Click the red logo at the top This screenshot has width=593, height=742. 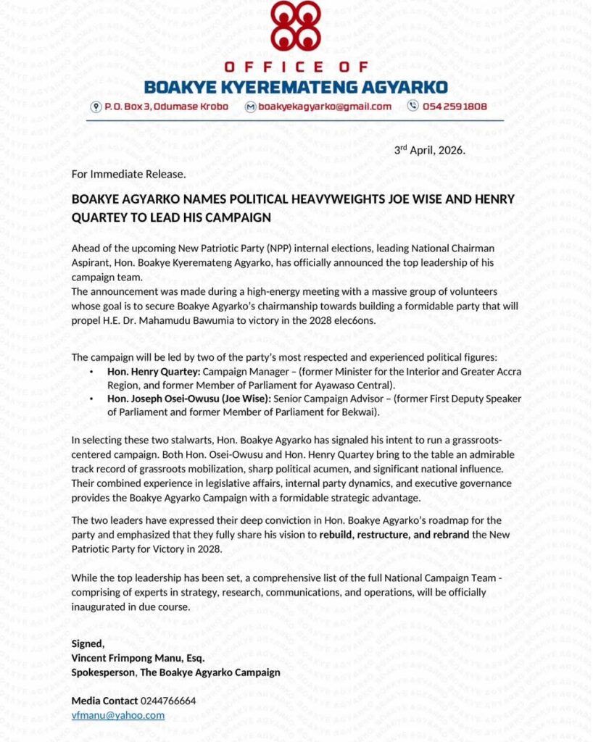pyautogui.click(x=296, y=27)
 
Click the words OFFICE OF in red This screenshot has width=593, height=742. pyautogui.click(x=296, y=67)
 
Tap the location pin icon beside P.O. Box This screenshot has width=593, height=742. pyautogui.click(x=96, y=107)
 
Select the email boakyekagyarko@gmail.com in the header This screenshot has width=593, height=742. pyautogui.click(x=325, y=107)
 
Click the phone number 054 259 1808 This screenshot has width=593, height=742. pyautogui.click(x=456, y=107)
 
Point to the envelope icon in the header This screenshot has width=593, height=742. pyautogui.click(x=251, y=107)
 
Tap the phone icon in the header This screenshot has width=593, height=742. pyautogui.click(x=413, y=107)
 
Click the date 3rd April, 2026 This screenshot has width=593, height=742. pyautogui.click(x=429, y=150)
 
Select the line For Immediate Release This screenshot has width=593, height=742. pyautogui.click(x=129, y=174)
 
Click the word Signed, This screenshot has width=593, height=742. pyautogui.click(x=88, y=643)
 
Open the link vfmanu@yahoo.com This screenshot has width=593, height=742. pyautogui.click(x=117, y=715)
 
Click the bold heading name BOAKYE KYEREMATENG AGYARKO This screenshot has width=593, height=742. pyautogui.click(x=296, y=88)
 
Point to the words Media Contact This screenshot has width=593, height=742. pyautogui.click(x=104, y=701)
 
